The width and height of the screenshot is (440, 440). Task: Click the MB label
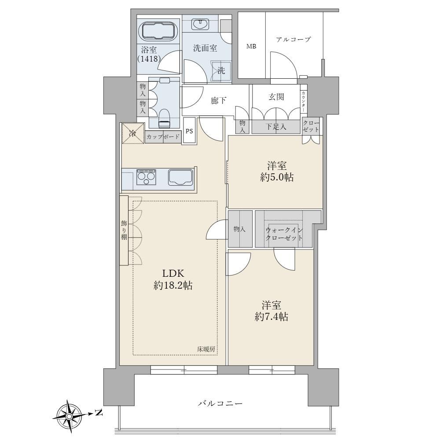[x=251, y=47]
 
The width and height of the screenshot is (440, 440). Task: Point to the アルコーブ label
[x=293, y=40]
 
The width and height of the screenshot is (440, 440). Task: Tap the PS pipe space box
[x=189, y=131]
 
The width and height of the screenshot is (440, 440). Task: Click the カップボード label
[x=163, y=137]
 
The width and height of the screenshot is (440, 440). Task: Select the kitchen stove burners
[x=146, y=178]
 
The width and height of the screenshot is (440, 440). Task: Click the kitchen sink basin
[x=181, y=178]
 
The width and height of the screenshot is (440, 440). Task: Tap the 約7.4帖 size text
[x=271, y=316]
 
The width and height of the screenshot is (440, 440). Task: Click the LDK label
[x=173, y=273]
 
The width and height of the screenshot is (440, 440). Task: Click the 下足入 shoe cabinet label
[x=276, y=127]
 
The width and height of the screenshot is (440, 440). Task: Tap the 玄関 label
[x=276, y=97]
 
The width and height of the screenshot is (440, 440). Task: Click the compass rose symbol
[x=69, y=414]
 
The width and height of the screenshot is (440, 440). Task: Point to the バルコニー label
[x=220, y=404]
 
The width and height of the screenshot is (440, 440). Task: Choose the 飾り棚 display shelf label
[x=124, y=231]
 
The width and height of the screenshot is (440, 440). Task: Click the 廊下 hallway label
[x=219, y=100]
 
